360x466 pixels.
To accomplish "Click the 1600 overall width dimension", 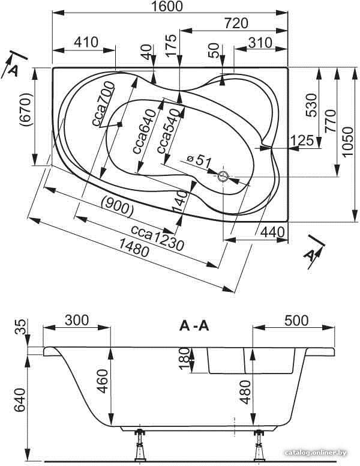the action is pos(167,6).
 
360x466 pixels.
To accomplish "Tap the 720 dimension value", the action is pos(236,23).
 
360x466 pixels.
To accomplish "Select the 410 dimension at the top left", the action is pos(86,42).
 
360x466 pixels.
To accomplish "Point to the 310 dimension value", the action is pos(260,43).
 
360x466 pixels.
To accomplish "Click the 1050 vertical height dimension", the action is pos(347,142).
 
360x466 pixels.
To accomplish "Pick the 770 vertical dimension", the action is pos(330,121).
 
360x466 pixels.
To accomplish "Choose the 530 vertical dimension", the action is pos(311,106).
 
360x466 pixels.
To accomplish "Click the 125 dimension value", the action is pos(301,140).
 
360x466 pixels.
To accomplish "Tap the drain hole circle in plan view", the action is pos(223,177).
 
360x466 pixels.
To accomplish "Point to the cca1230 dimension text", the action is pos(158,237).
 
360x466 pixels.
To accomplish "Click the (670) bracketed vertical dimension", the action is pos(26,110).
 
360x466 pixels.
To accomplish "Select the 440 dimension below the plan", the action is pos(272,232).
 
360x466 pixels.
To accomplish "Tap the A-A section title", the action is pos(194,326).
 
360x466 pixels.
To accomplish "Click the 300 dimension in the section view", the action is pos(77,321).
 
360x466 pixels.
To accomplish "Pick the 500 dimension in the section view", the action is pos(296,321).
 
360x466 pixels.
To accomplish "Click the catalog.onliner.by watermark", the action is pos(316,453).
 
